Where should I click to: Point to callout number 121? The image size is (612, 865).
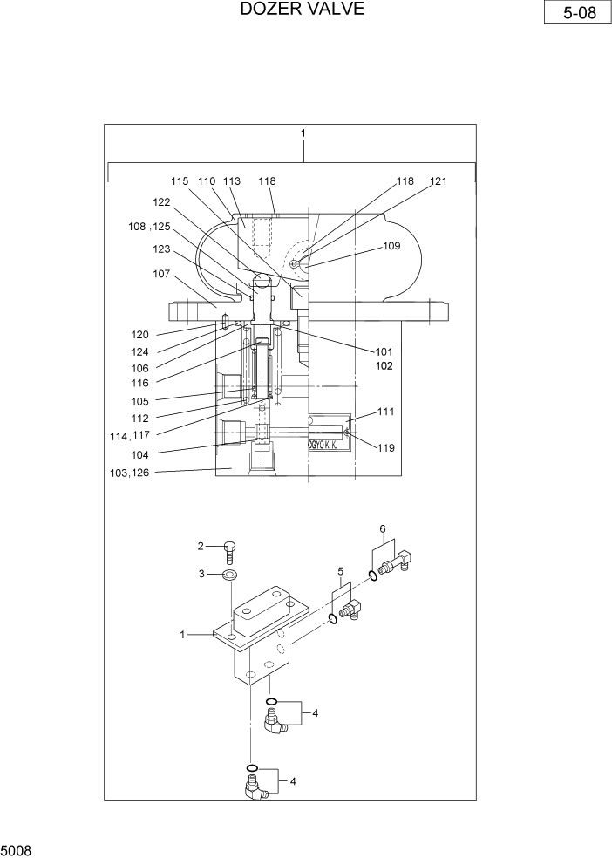click(438, 181)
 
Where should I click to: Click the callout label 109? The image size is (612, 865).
click(391, 246)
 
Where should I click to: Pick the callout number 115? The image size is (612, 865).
click(180, 181)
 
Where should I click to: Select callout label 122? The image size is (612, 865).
click(161, 201)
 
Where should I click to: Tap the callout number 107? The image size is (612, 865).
click(162, 274)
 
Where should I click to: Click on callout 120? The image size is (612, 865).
click(140, 335)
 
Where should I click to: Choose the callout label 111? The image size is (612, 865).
click(386, 411)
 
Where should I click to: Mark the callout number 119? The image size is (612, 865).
click(386, 448)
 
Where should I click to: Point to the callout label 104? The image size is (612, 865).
click(140, 454)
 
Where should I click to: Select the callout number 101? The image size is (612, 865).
click(384, 352)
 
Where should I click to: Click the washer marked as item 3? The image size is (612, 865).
click(231, 576)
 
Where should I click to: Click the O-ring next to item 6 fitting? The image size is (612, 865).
click(374, 575)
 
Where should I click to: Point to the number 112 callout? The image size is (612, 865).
click(140, 418)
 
